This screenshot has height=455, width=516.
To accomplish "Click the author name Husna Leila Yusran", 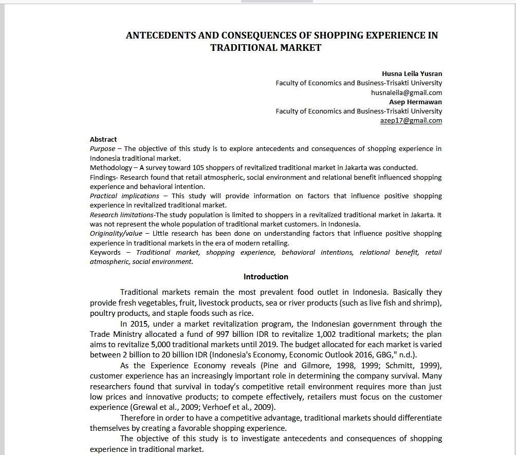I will click(x=412, y=73).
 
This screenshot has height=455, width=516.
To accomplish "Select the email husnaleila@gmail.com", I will click(x=406, y=92).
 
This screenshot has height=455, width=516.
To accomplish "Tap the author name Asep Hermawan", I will click(x=415, y=102).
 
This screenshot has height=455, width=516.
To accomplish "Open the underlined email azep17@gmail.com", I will click(x=411, y=121).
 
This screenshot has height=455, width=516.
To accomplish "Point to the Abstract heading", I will click(x=103, y=139).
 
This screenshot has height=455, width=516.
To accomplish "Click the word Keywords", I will click(x=105, y=253).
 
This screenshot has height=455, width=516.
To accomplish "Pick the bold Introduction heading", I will click(x=266, y=277).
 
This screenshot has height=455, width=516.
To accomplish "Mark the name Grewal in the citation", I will click(x=145, y=407).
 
